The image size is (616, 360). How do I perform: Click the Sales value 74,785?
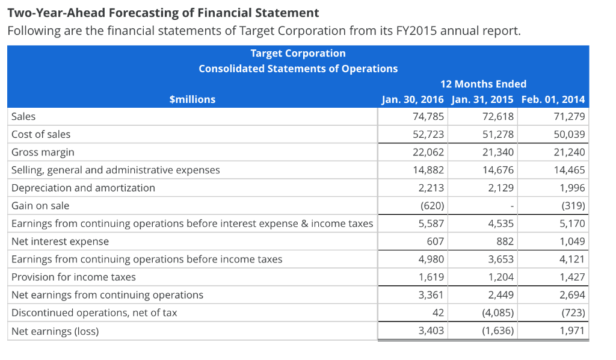click(x=428, y=116)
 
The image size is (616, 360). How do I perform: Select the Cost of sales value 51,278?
click(x=497, y=134)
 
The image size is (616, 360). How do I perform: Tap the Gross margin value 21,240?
click(x=568, y=152)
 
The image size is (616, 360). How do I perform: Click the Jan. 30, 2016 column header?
click(x=413, y=99)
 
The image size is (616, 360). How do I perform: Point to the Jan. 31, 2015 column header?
click(x=482, y=99)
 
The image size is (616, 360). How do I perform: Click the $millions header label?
click(x=192, y=99)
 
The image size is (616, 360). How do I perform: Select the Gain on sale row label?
click(x=40, y=206)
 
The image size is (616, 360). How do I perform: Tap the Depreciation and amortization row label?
click(x=83, y=188)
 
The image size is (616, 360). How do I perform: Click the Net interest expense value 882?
click(x=505, y=241)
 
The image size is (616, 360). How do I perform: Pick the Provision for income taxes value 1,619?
click(x=431, y=277)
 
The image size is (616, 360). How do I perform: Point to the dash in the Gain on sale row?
click(x=511, y=206)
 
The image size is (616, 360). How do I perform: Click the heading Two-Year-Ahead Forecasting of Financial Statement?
click(x=163, y=12)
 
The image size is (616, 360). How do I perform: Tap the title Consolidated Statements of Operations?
click(x=298, y=69)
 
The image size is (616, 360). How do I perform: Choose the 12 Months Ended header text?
click(x=483, y=84)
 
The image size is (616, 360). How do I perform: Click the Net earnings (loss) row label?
click(x=55, y=331)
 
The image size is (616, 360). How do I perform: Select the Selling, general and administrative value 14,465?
click(x=568, y=170)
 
